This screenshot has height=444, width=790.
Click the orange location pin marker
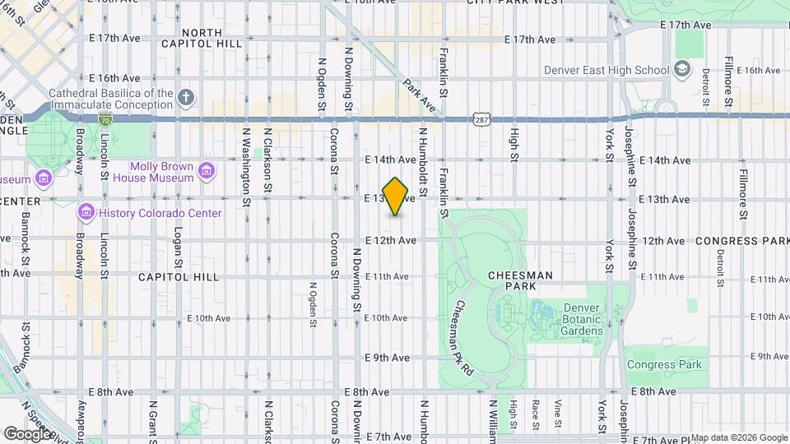[396, 197]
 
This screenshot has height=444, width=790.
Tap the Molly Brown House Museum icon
[207, 171]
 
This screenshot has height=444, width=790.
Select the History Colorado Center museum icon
[85, 213]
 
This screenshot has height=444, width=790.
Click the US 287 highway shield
[481, 120]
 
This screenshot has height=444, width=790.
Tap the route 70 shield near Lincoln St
[105, 120]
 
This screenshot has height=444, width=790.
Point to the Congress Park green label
[665, 363]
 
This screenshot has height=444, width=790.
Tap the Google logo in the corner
[28, 432]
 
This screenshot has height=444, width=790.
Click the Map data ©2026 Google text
[738, 437]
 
